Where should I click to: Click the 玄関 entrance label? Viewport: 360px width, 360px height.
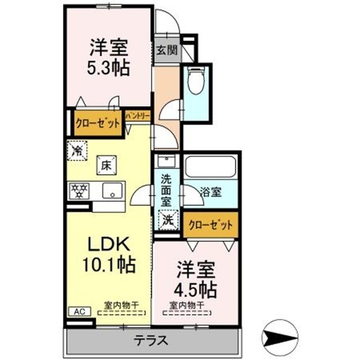click(x=166, y=49)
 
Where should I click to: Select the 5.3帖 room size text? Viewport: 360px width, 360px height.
click(x=109, y=68)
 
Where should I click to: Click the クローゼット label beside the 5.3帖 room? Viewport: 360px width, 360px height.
click(x=97, y=122)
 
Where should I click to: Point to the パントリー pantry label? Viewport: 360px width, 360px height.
click(x=138, y=116)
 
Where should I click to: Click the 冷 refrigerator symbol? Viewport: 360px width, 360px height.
click(x=77, y=150)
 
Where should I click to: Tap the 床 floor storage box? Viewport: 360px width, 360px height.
click(x=105, y=165)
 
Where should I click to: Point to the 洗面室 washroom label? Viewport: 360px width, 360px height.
click(x=166, y=190)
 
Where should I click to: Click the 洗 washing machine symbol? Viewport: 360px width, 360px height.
click(x=168, y=218)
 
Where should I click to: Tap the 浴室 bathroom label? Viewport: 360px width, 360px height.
click(x=211, y=191)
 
